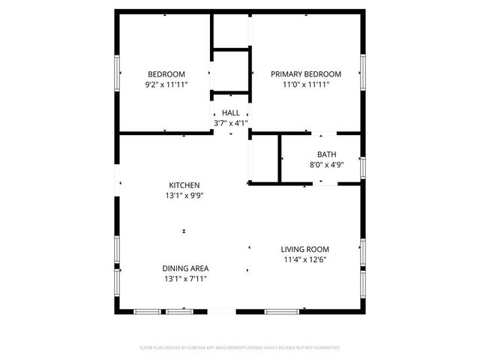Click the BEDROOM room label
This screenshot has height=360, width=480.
tap(166, 73)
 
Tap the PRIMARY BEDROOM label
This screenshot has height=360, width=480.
tap(306, 73)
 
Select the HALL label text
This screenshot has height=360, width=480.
tap(231, 112)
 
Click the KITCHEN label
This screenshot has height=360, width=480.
tap(184, 184)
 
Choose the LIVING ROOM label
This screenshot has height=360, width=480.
tap(305, 249)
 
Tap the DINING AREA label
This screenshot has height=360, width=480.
tap(185, 268)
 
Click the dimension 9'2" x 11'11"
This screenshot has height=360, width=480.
tap(166, 85)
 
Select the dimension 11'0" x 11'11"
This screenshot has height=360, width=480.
tap(306, 85)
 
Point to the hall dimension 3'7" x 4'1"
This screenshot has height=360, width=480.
tap(231, 123)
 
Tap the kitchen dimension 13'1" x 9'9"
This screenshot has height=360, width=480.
tap(184, 195)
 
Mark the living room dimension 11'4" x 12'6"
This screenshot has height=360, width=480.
tap(305, 259)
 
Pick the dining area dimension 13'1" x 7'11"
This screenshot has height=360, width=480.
tap(185, 278)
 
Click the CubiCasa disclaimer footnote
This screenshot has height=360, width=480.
tap(240, 348)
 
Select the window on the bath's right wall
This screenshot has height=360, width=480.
tap(363, 166)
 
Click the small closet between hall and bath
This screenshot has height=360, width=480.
tap(264, 158)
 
